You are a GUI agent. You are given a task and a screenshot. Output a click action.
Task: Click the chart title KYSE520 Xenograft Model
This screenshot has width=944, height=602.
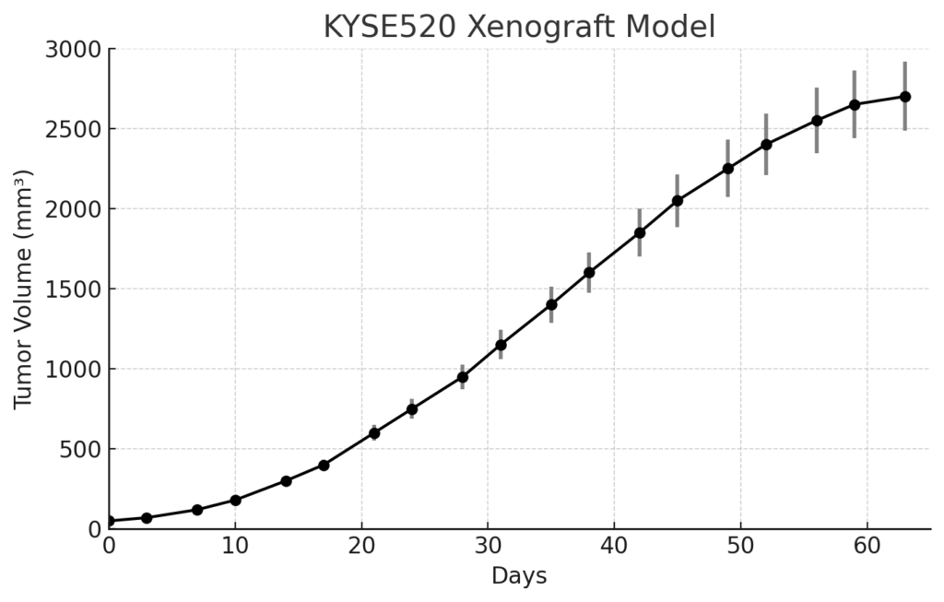520,27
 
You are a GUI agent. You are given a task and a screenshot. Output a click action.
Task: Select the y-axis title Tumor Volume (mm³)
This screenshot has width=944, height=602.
23,289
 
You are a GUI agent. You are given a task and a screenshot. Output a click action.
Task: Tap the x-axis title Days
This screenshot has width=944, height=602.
519,576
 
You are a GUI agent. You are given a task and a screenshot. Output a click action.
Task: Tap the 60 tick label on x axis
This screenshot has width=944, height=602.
867,546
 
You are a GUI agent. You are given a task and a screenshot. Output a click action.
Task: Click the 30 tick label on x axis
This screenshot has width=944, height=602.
488,546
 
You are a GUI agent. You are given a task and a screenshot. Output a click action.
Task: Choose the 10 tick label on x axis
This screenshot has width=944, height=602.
235,546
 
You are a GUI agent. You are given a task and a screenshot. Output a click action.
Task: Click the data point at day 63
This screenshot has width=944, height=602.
905,97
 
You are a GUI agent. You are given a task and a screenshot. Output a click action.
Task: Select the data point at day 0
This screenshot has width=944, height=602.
109,521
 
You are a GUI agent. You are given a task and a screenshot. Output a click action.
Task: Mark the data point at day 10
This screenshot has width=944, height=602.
235,501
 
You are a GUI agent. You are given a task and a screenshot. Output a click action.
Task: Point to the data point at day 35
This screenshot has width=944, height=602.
551,304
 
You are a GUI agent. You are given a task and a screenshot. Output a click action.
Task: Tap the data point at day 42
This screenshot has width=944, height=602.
640,233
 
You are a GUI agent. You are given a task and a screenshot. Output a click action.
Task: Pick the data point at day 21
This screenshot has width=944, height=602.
374,433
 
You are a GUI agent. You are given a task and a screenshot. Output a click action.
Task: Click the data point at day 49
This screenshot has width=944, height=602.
728,169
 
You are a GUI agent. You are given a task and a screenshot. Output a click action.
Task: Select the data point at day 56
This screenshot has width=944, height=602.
817,121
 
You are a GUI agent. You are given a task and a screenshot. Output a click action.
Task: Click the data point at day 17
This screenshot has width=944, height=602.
324,466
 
